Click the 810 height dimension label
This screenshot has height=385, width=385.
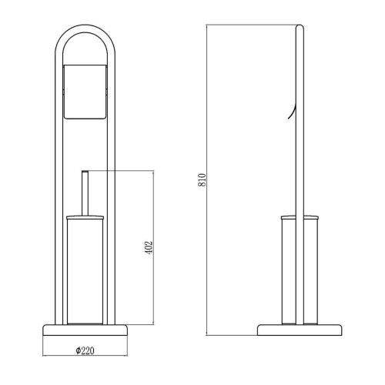(202, 180)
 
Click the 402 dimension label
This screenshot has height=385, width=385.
(149, 247)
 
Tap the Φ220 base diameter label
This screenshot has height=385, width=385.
(85, 350)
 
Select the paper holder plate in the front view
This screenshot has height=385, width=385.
(85, 92)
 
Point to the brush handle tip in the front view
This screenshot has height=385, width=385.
(85, 171)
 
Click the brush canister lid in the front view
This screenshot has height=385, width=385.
(85, 218)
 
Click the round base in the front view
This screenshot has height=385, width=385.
(85, 330)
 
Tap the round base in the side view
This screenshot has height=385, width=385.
(300, 330)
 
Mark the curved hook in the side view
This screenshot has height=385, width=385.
(293, 114)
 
